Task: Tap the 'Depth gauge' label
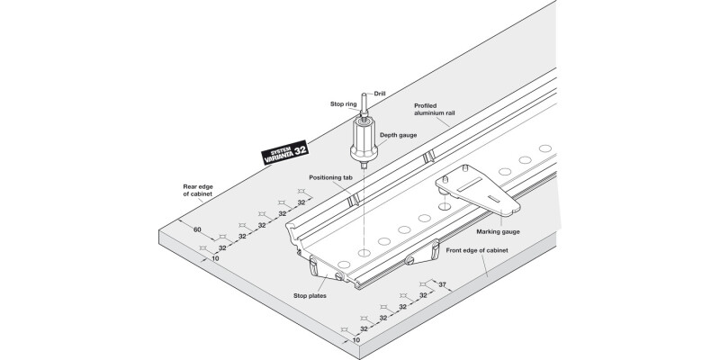(x=396, y=135)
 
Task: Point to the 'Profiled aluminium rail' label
(x=437, y=111)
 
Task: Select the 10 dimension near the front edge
(x=357, y=340)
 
